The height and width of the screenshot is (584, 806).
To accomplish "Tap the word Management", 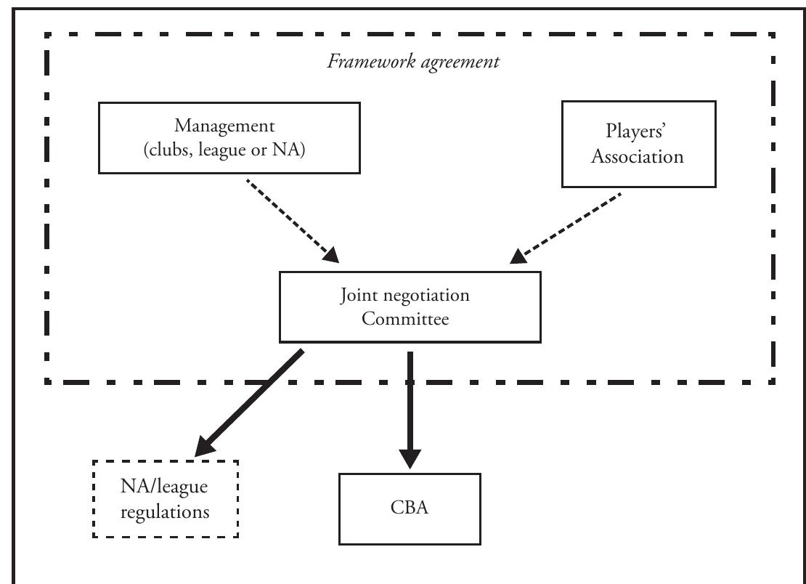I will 229,126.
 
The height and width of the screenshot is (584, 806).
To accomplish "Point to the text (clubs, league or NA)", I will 229,150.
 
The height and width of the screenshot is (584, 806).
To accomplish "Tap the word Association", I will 637,157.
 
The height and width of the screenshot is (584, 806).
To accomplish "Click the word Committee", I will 410,318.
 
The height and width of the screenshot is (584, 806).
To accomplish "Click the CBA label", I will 410,508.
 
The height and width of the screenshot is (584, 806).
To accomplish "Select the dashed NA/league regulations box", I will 166,499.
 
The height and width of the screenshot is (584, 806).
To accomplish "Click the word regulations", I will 166,511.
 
